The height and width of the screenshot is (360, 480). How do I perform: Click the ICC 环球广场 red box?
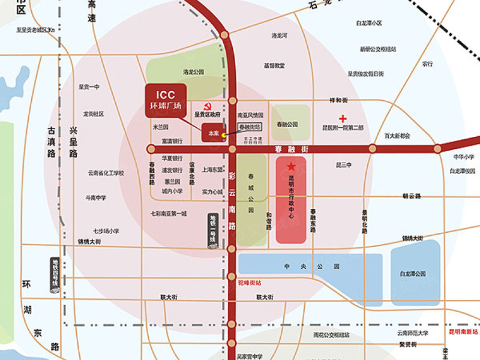[x=166, y=100]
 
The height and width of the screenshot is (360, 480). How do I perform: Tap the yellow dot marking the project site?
[x=224, y=135]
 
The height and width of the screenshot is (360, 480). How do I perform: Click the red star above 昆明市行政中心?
[x=291, y=167]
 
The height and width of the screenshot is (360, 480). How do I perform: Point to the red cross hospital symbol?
[x=343, y=118]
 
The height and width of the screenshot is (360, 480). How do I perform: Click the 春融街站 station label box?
[x=250, y=127]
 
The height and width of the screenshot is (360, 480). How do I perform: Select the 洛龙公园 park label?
[x=193, y=72]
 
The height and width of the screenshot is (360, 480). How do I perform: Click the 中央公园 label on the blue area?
[x=311, y=266]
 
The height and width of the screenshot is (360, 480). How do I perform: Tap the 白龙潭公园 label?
[x=413, y=274]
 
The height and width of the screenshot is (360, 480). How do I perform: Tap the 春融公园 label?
[x=287, y=124]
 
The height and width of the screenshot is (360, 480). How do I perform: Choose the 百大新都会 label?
[x=397, y=136]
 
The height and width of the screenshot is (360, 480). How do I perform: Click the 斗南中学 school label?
[x=96, y=197]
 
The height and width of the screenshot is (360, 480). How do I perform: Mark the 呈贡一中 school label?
[x=89, y=87]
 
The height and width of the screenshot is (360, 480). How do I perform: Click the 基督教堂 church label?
[x=274, y=65]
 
